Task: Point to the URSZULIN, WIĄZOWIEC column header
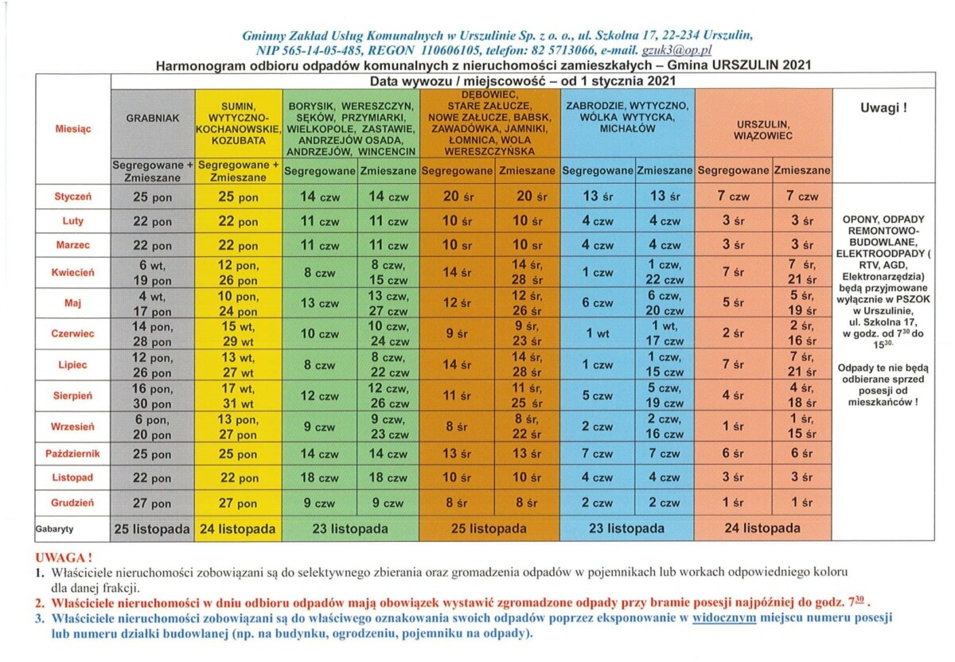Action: [763, 129]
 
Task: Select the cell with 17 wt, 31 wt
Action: [238, 395]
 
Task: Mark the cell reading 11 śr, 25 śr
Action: [527, 395]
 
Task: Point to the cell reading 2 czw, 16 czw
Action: [665, 426]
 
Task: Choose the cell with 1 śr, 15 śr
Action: [802, 426]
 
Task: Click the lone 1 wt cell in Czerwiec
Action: [598, 334]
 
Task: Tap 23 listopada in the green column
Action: [351, 528]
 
